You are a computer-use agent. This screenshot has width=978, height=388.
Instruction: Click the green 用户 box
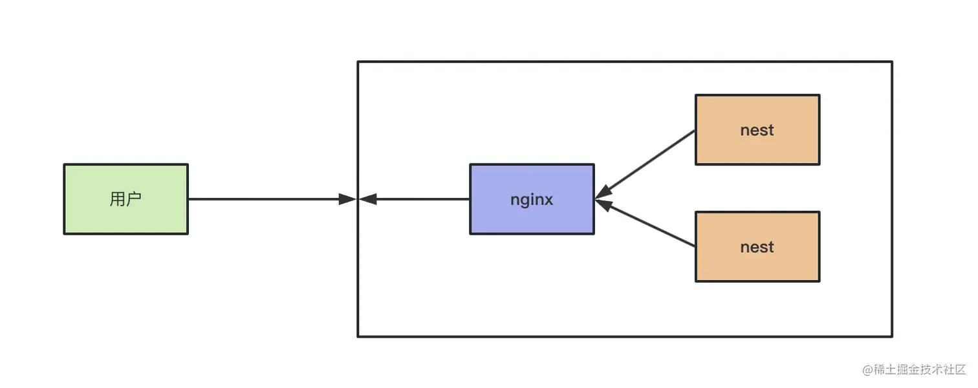click(x=125, y=199)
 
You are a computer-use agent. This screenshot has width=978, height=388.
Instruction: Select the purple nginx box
click(x=532, y=199)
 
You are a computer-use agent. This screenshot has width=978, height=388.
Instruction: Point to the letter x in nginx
click(x=548, y=200)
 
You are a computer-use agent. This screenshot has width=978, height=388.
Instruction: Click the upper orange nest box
click(x=757, y=129)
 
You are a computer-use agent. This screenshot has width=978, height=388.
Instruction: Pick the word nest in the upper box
click(x=757, y=130)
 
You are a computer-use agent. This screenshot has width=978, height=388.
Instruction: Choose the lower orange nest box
click(x=757, y=246)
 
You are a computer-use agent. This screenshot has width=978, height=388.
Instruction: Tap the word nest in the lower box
click(x=757, y=247)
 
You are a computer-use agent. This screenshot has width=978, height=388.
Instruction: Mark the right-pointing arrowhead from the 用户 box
click(x=347, y=199)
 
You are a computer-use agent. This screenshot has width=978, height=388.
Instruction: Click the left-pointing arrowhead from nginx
click(x=367, y=199)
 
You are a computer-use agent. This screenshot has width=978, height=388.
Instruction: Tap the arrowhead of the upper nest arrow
click(x=604, y=193)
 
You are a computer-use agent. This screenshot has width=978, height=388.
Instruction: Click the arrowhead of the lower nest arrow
click(x=604, y=204)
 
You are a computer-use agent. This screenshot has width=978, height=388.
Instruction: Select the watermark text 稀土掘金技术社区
click(x=920, y=370)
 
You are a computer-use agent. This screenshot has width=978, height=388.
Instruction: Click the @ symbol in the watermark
click(x=867, y=370)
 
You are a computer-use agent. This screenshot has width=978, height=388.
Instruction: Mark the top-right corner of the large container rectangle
click(x=892, y=61)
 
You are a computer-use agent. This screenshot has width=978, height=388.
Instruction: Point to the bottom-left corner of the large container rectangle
click(x=358, y=336)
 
